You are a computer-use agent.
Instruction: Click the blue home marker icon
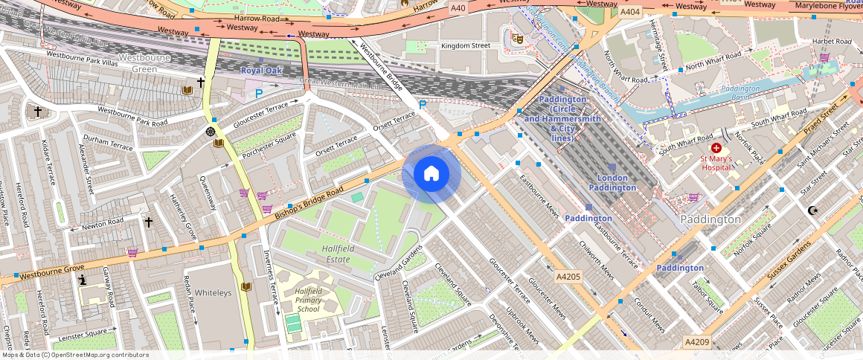point(431,175)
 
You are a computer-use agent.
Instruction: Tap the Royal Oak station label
point(261,71)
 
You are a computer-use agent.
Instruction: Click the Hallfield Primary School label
point(308,300)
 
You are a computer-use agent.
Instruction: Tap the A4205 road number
point(568,276)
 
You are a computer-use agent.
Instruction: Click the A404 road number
point(630,12)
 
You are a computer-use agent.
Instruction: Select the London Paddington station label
point(613,183)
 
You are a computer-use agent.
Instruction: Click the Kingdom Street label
point(466,46)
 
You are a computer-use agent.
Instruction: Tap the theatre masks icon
point(518,37)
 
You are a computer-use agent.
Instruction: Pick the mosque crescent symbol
point(813,210)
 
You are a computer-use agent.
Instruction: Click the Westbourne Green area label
point(141,63)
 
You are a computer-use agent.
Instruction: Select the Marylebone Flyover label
point(827,6)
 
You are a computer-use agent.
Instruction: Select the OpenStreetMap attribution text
point(74,355)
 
